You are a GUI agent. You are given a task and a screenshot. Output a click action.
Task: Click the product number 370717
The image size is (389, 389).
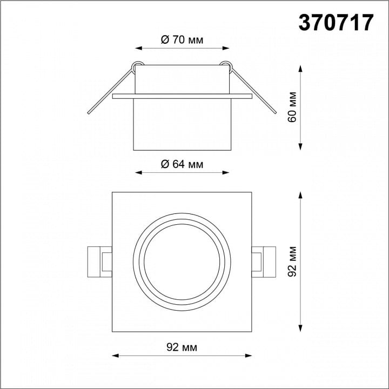pos(336,22)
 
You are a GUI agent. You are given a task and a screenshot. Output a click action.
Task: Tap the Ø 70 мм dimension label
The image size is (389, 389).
pos(182,39)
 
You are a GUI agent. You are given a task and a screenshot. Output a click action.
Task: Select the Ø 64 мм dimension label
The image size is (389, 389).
pos(182,164)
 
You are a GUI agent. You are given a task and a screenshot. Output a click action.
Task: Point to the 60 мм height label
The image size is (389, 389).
pos(292,107)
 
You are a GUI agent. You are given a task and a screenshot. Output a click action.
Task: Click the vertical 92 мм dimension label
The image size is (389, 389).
pos(292,261)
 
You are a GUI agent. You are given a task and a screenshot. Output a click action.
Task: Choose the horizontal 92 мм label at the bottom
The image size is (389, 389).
pos(182,347)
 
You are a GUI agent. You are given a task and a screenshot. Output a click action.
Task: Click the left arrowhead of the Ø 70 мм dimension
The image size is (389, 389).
pos(138,48)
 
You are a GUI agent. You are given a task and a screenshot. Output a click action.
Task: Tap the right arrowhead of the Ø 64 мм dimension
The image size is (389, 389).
pos(226,173)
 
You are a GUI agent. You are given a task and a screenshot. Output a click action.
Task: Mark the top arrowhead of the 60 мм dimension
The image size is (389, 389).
pos(300,69)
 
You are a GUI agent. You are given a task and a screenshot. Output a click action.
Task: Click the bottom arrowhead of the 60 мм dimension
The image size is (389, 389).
pos(300,147)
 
